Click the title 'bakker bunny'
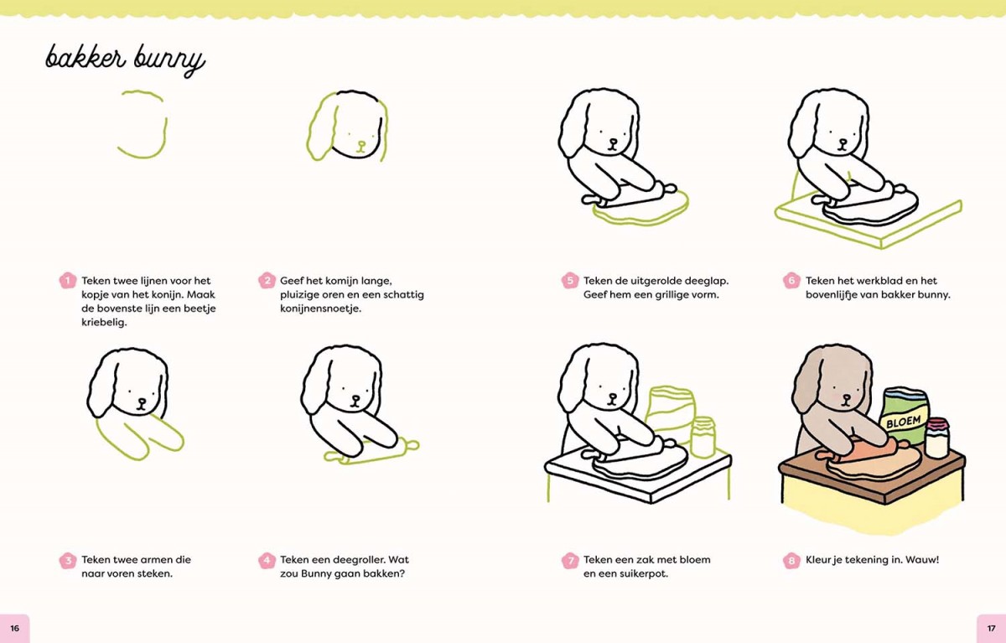pos(125,60)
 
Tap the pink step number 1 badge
pos(68,281)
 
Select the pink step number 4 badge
pos(267,560)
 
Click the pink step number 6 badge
pos(791,281)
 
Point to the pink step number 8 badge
pos(791,560)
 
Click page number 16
pos(15,628)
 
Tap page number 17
pos(991,628)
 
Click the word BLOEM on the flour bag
pos(903,422)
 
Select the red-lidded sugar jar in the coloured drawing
pos(937,438)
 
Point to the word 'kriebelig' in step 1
pos(104,323)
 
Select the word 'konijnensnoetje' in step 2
pos(320,309)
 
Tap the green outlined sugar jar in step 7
pos(703,438)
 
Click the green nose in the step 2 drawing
pos(361,146)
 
